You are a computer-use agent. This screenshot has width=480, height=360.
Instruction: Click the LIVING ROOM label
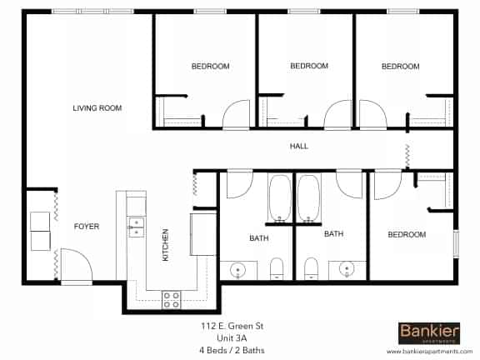pos(97,108)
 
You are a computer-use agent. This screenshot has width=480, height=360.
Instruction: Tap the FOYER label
pos(87,227)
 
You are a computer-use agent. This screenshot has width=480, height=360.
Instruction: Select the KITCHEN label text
pos(165,245)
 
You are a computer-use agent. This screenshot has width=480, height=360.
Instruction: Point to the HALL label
pos(298,147)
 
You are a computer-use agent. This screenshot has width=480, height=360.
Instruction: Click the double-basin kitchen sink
pos(134,227)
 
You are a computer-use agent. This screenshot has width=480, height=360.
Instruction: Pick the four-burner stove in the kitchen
pos(172,298)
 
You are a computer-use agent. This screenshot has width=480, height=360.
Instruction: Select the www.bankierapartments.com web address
pos(427,352)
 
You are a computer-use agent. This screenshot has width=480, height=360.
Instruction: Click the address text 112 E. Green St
pos(232,326)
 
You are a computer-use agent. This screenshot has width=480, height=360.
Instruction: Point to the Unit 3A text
pos(232,338)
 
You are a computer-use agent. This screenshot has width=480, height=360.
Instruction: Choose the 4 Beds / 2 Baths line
pos(232,351)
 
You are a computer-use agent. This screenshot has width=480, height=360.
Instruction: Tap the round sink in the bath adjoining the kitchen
pos(238,269)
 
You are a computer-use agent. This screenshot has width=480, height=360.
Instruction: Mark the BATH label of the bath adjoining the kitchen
pos(258,239)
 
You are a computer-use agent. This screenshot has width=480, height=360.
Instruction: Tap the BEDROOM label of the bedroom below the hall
pos(407,235)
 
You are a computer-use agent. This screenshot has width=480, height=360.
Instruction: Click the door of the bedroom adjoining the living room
pos(235,114)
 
